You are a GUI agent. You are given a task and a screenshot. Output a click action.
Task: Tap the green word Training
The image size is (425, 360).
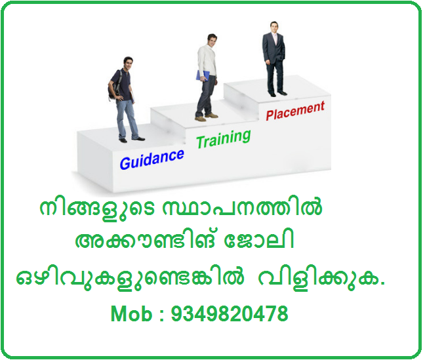pos(223,138)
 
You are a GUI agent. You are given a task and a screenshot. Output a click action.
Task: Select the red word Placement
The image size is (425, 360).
pos(294,110)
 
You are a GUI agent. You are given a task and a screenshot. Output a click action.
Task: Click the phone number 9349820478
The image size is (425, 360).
pos(229,314)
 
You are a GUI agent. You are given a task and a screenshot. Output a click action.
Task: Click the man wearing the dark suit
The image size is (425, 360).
pos(274,59)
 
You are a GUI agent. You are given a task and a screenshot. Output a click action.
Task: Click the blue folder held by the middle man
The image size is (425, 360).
pos(200,75)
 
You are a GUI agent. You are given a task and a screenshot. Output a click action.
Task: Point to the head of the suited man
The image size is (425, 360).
pos(273,28)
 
